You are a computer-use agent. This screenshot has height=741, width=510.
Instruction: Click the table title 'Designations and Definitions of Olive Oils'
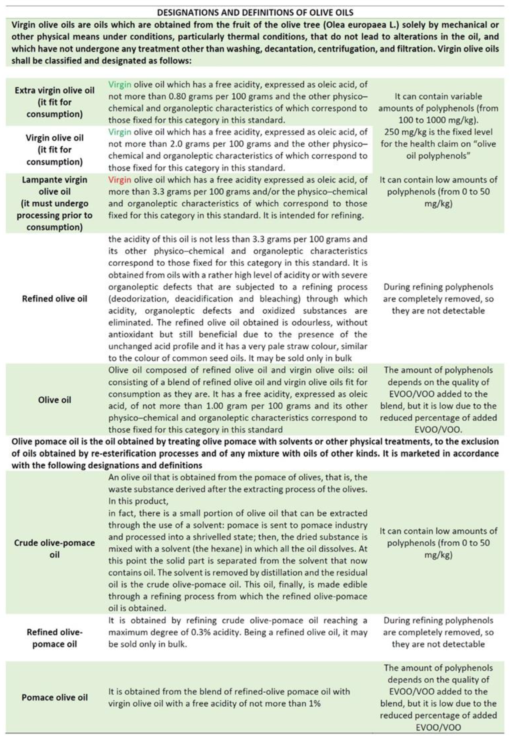click(x=255, y=13)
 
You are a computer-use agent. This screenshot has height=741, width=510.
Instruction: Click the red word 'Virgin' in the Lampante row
click(x=120, y=180)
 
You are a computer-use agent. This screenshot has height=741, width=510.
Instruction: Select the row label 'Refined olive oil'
click(x=54, y=299)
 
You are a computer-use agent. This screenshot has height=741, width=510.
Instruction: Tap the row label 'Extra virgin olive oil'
click(x=54, y=90)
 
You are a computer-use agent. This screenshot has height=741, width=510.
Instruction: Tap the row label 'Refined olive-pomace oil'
click(x=54, y=638)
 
